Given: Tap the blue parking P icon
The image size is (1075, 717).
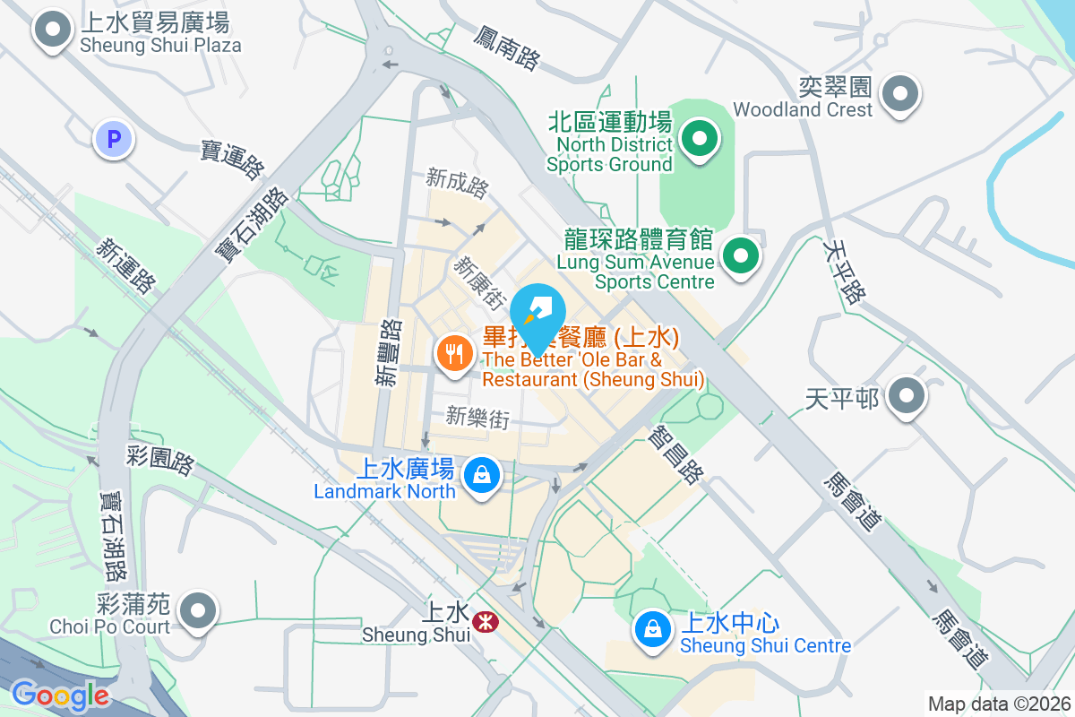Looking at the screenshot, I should click(114, 139).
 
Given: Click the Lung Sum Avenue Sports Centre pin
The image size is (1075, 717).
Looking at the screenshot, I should click(740, 257).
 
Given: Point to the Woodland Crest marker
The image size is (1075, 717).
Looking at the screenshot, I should click(899, 94).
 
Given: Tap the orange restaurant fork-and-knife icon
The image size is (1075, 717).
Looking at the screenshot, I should click(455, 352).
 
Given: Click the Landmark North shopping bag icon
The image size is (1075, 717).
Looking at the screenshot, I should click(482, 475).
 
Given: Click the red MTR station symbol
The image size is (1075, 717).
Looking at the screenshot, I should click(486, 619).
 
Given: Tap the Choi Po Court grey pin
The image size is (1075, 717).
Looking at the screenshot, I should click(198, 612).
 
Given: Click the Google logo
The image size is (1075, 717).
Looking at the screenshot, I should click(60, 695).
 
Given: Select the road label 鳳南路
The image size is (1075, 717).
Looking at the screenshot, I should click(508, 48).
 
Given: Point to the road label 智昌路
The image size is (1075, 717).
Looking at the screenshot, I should click(675, 454).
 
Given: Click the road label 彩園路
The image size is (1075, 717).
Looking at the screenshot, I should click(161, 461).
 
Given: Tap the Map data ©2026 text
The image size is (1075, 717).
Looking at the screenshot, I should click(999, 704).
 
